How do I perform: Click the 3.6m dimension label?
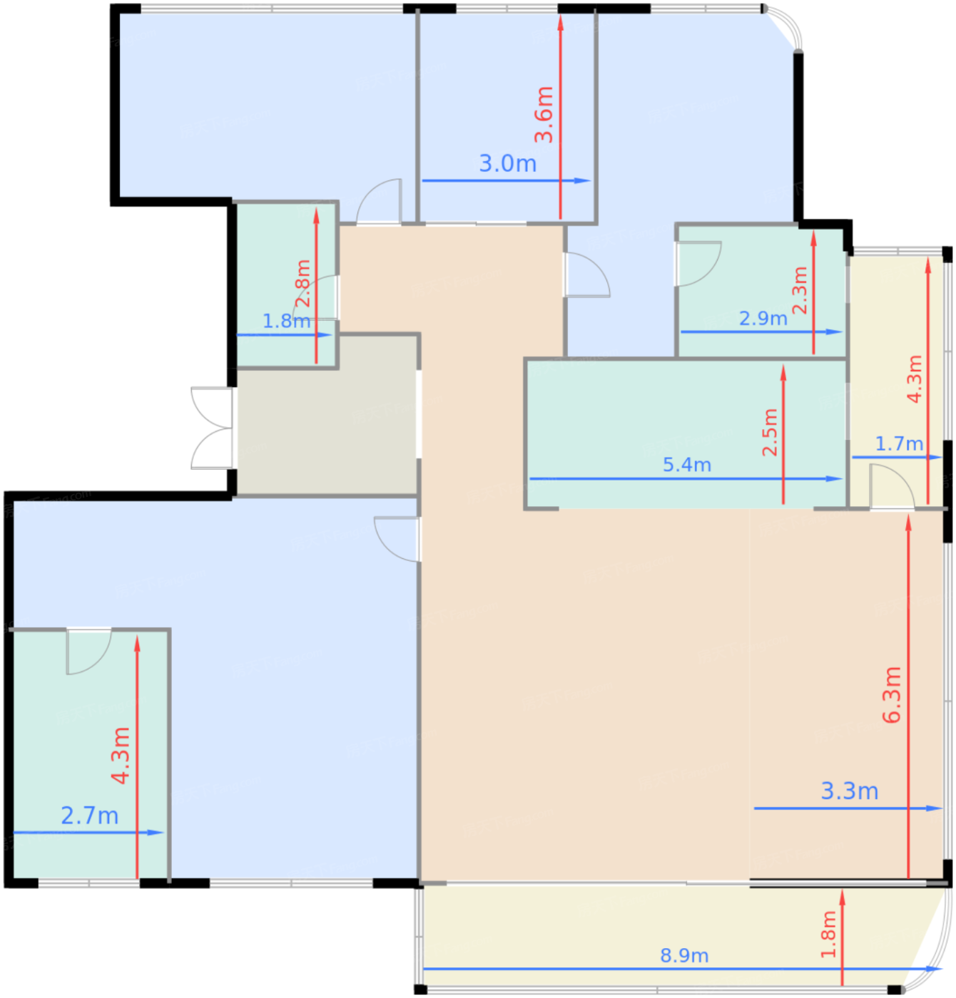point(544,114)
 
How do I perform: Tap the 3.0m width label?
point(507,163)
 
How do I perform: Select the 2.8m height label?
point(303,284)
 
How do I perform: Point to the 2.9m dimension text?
point(763,319)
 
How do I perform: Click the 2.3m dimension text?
point(800,290)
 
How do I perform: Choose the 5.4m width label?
point(687,465)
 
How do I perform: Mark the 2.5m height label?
point(771,432)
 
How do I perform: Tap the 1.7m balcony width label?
point(899,443)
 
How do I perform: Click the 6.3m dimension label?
point(892,695)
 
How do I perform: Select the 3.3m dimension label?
point(849,791)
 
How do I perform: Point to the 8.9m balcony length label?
point(684,955)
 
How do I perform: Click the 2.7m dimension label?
point(89,816)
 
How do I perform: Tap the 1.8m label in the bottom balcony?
point(829,935)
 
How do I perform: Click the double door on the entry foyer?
point(213,428)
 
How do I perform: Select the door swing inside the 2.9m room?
point(698,264)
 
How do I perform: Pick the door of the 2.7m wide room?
point(88,651)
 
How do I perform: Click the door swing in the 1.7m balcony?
point(892,487)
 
